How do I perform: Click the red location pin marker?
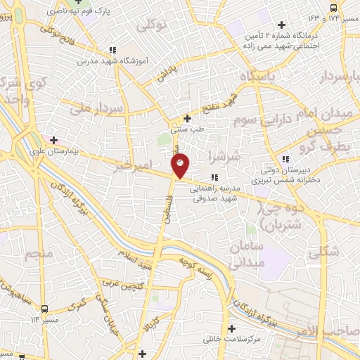181,166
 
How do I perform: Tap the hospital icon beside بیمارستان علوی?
52,139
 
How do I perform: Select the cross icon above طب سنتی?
187,118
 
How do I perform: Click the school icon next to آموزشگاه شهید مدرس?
112,50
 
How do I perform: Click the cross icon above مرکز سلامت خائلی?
231,328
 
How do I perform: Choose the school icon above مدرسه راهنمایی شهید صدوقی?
214,178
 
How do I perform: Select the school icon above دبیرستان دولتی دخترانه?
284,159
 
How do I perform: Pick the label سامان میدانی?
245,255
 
